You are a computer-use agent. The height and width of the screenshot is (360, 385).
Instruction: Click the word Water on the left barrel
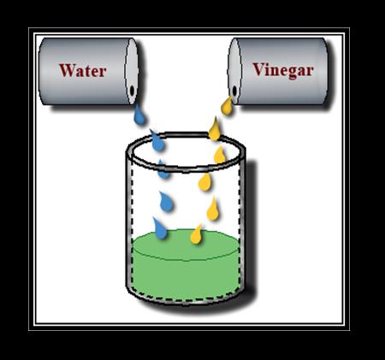point(83,70)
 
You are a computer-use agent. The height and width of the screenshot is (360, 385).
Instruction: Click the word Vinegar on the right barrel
point(283,70)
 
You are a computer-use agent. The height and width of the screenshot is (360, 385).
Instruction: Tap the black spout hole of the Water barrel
point(132,91)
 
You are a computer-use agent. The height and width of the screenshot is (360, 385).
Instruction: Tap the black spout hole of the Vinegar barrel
point(234,91)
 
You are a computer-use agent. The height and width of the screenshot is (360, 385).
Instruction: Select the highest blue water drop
point(139,115)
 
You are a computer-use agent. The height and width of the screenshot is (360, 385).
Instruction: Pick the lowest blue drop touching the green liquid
point(159,228)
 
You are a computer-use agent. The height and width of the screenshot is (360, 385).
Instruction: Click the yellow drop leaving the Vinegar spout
point(227,106)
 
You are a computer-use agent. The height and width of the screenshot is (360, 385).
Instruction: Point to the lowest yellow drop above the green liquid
point(197,234)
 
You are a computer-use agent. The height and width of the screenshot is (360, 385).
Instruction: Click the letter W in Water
point(67,70)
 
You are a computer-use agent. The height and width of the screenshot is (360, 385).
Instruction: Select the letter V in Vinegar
point(258,69)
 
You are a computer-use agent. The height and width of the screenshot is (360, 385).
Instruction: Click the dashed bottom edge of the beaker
point(186,300)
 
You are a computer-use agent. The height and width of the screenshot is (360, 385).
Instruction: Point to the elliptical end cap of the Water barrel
point(132,71)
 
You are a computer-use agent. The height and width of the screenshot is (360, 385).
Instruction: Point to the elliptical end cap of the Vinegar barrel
point(234,71)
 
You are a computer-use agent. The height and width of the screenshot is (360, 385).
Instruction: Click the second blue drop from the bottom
point(166,202)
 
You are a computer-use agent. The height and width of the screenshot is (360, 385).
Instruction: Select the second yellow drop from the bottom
point(213,210)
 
